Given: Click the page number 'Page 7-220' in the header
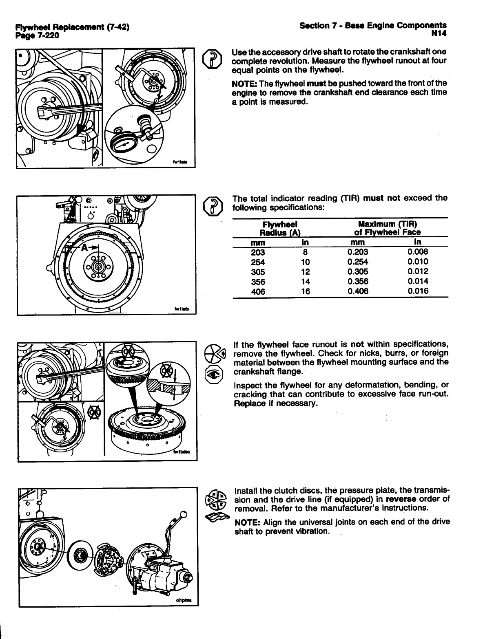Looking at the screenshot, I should coord(37,35).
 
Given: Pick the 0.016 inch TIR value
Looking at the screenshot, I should coord(418,291).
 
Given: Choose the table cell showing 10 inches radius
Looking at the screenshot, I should coord(305,262).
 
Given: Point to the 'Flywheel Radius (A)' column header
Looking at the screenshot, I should coord(280,228).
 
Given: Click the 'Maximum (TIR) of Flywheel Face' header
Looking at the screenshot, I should coord(387,228).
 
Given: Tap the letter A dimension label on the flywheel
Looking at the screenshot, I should coord(84,248).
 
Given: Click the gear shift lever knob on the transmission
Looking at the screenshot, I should coord(184,514).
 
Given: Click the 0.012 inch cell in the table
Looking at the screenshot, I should coord(418,272).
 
